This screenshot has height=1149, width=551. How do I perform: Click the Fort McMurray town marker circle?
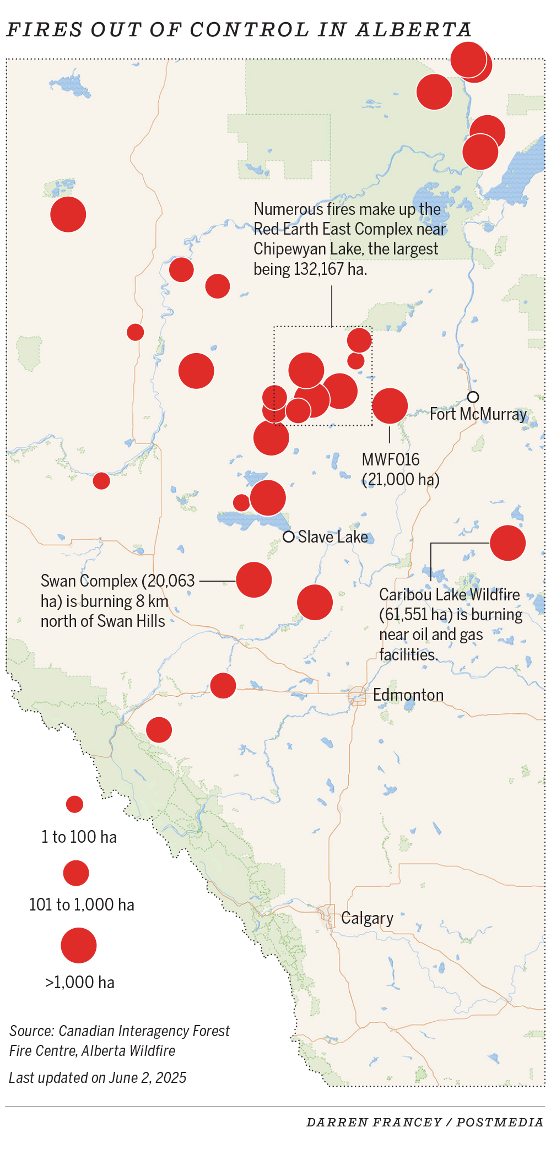click(473, 397)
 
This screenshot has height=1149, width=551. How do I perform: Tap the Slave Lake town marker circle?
click(288, 536)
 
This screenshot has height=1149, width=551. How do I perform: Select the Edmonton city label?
click(408, 695)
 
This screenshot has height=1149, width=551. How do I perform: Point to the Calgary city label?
click(367, 918)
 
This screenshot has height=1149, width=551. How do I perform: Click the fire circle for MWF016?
click(390, 406)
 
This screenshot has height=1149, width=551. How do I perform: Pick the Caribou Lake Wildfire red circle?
click(507, 543)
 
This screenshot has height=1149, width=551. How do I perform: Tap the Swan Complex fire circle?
click(254, 580)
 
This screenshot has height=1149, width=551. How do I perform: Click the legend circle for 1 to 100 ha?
click(74, 804)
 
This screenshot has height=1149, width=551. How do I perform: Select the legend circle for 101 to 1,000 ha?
click(76, 873)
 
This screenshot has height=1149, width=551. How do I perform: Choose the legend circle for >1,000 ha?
click(79, 945)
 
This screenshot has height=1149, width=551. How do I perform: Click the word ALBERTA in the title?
click(413, 30)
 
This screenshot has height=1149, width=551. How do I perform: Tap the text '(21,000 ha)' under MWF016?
click(401, 479)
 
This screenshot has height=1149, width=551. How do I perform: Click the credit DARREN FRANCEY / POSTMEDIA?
click(425, 1123)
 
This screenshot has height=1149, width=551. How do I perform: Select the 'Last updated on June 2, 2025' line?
click(98, 1078)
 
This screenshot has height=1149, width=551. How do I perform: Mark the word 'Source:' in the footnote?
click(31, 1031)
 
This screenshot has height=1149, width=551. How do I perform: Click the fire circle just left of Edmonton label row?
click(223, 686)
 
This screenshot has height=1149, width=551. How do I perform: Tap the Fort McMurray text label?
click(478, 414)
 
